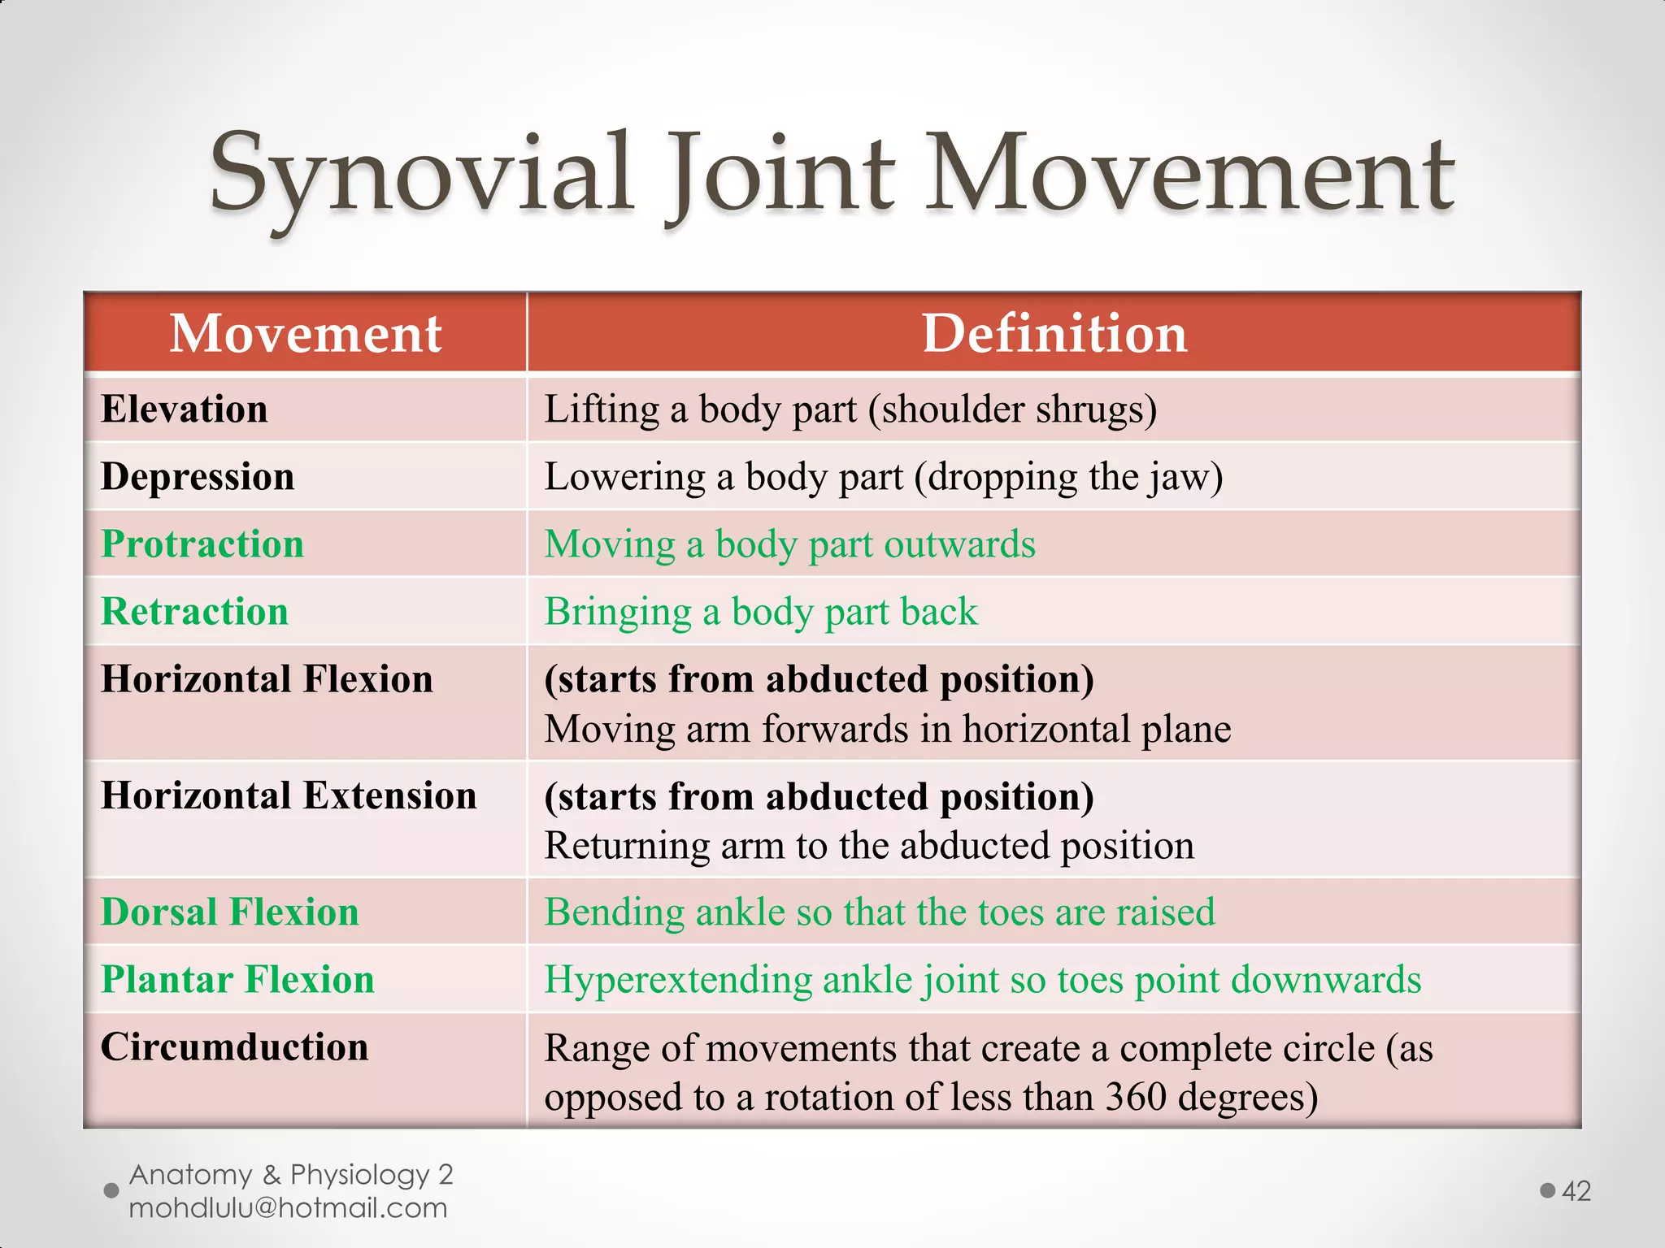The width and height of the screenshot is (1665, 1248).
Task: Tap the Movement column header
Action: pos(306,333)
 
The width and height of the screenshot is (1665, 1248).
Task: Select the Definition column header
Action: pos(1054,333)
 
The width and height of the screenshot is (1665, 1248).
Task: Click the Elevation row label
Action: pos(185,409)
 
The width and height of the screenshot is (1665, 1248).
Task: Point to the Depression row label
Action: pos(198,476)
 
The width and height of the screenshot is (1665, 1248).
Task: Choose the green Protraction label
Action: pos(202,544)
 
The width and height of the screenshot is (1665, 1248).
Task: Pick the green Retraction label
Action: pos(195,611)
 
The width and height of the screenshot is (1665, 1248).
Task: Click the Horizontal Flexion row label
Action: pos(267,678)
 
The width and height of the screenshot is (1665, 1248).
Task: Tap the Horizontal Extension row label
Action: pos(289,795)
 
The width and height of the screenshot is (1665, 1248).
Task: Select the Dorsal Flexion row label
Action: pos(230,912)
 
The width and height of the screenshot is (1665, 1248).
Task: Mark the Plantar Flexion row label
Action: pos(237,979)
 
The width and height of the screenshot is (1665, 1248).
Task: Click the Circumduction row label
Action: pos(234,1046)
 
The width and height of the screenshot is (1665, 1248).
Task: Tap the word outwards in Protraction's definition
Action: pos(959,544)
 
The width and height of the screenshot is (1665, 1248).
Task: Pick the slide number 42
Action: pos(1576,1191)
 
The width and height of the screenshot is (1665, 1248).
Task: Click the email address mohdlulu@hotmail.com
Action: pos(288,1208)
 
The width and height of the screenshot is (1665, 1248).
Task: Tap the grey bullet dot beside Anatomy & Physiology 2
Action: pos(112,1190)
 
